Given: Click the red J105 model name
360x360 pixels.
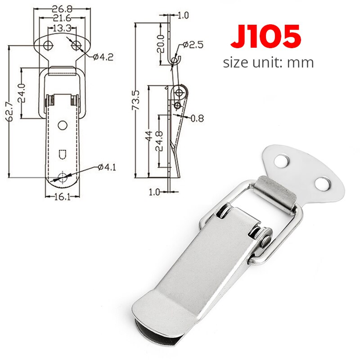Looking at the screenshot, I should [266, 36].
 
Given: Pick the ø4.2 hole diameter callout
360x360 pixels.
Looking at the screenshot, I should [102, 56].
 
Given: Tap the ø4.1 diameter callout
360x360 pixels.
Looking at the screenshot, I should [107, 167].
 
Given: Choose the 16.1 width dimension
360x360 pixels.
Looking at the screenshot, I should [63, 197].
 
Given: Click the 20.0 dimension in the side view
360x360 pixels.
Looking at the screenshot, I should [161, 43].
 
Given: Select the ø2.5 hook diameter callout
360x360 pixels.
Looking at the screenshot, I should [193, 45].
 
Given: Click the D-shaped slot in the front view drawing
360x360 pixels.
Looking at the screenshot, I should [63, 154].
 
